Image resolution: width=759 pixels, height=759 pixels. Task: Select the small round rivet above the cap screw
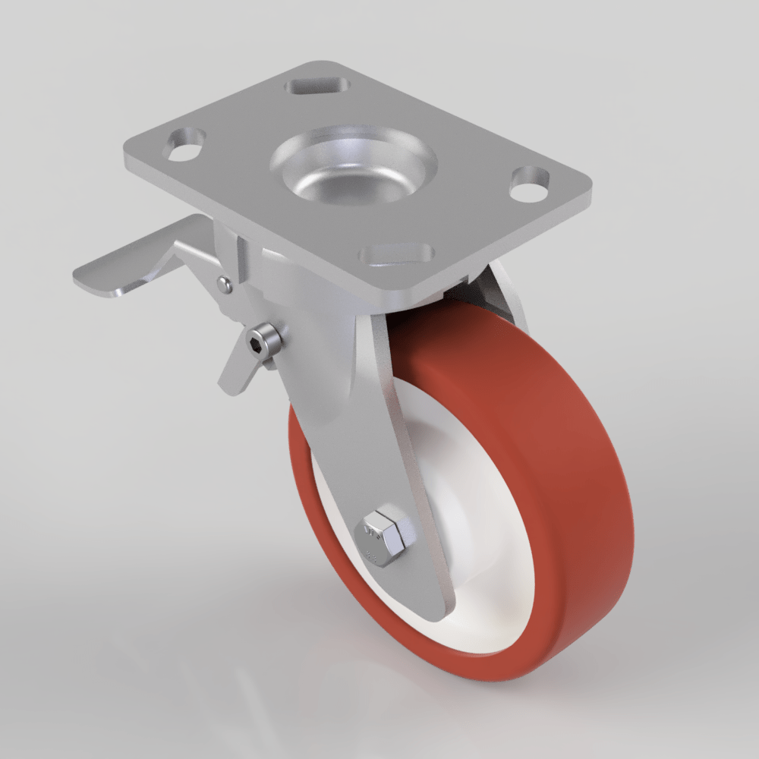[224, 285]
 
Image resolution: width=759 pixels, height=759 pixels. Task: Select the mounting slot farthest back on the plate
[317, 85]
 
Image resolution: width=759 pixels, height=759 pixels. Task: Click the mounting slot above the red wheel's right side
[529, 184]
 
